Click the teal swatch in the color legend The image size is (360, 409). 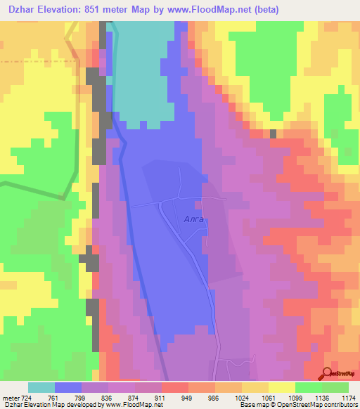[x=41, y=387]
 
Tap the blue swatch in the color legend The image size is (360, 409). [x=68, y=387]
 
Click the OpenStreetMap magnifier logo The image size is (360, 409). [x=328, y=373]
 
